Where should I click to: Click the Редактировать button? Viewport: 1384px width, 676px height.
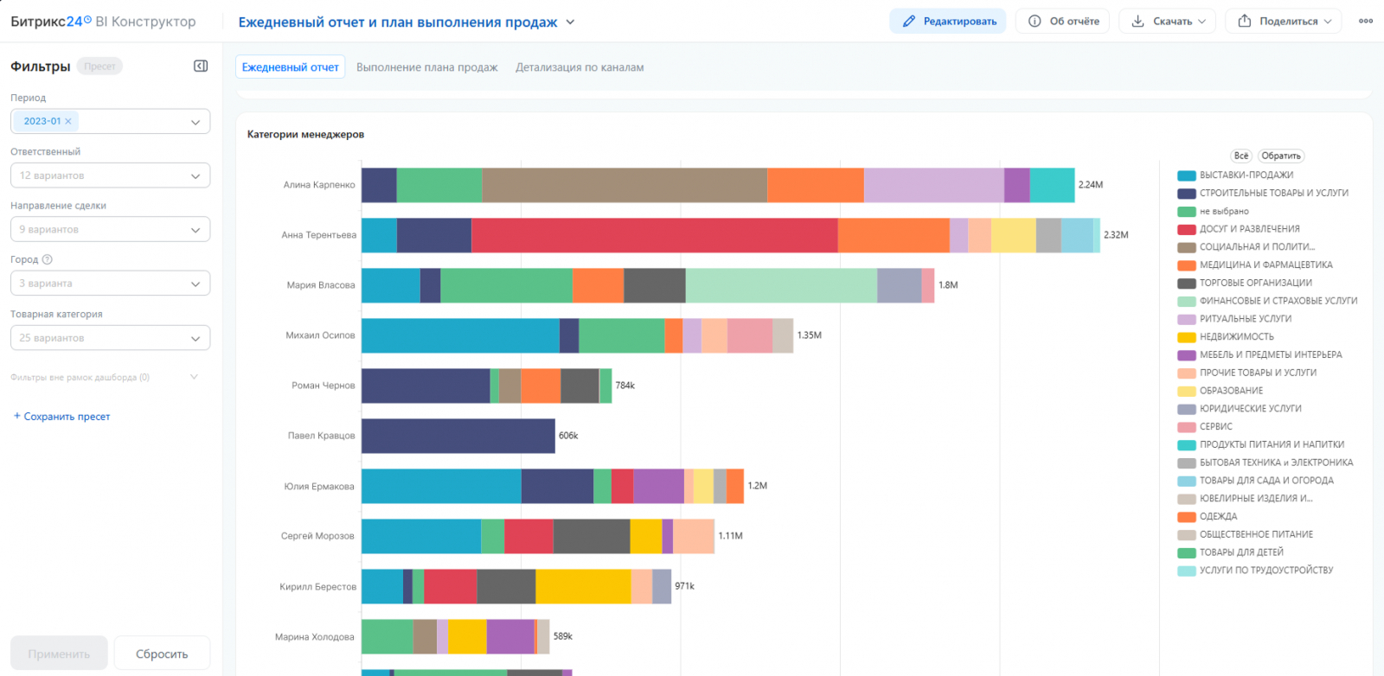(x=948, y=21)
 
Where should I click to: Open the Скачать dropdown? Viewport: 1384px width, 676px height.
(x=1167, y=21)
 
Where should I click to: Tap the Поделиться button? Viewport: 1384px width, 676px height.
(x=1284, y=21)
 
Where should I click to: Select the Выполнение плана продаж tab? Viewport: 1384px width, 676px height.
(x=427, y=67)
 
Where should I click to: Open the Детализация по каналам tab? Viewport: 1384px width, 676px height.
(x=580, y=67)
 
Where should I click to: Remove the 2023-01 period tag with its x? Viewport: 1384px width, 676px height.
(x=68, y=121)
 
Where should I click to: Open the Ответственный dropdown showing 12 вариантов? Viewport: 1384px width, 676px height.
(x=110, y=175)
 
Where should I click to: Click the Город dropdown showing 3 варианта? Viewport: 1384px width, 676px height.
(x=110, y=284)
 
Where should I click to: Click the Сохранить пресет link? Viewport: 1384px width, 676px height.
(x=61, y=416)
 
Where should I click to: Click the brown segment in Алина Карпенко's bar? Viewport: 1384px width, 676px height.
(x=625, y=185)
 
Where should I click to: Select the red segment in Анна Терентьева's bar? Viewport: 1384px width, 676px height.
(x=654, y=234)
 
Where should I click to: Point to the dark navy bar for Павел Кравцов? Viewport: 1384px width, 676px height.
(x=458, y=436)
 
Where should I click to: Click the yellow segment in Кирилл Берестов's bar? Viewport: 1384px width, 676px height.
(x=583, y=586)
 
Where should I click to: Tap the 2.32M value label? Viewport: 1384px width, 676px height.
(x=1116, y=234)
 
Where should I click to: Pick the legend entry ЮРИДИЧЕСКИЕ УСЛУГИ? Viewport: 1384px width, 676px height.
(x=1239, y=409)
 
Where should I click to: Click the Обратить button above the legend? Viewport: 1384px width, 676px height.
(x=1281, y=156)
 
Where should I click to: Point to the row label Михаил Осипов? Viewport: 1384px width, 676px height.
(x=320, y=335)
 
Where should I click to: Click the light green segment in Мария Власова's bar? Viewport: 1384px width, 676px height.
(x=781, y=285)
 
